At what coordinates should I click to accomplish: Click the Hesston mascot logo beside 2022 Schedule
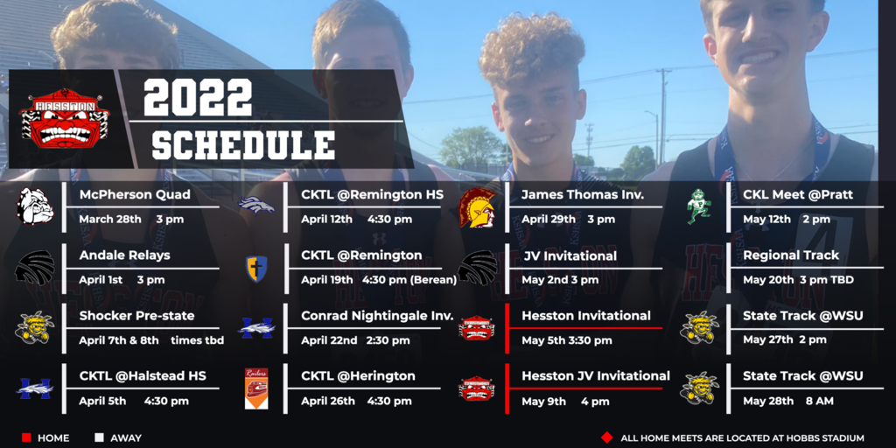tap(65, 119)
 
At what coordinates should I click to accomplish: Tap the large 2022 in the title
tap(198, 98)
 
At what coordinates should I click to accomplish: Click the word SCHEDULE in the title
tap(243, 145)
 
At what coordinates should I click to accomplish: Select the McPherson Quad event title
tap(135, 195)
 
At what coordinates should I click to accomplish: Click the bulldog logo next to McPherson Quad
tap(35, 206)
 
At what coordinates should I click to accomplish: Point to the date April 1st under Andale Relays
tap(100, 280)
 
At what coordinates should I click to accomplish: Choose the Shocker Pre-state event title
tap(137, 316)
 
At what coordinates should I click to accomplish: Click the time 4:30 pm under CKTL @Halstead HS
tap(166, 401)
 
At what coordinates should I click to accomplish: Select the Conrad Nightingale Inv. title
tap(377, 316)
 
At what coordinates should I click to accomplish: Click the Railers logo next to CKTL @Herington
tap(256, 388)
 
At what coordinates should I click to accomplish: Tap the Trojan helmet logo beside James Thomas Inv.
tap(478, 207)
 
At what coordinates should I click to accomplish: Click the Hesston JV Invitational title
tap(595, 376)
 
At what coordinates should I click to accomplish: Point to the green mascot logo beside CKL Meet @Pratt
tap(698, 206)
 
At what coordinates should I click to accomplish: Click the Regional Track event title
tap(791, 255)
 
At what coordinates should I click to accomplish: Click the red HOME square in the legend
tap(26, 437)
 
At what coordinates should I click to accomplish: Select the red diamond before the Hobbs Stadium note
tap(607, 437)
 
